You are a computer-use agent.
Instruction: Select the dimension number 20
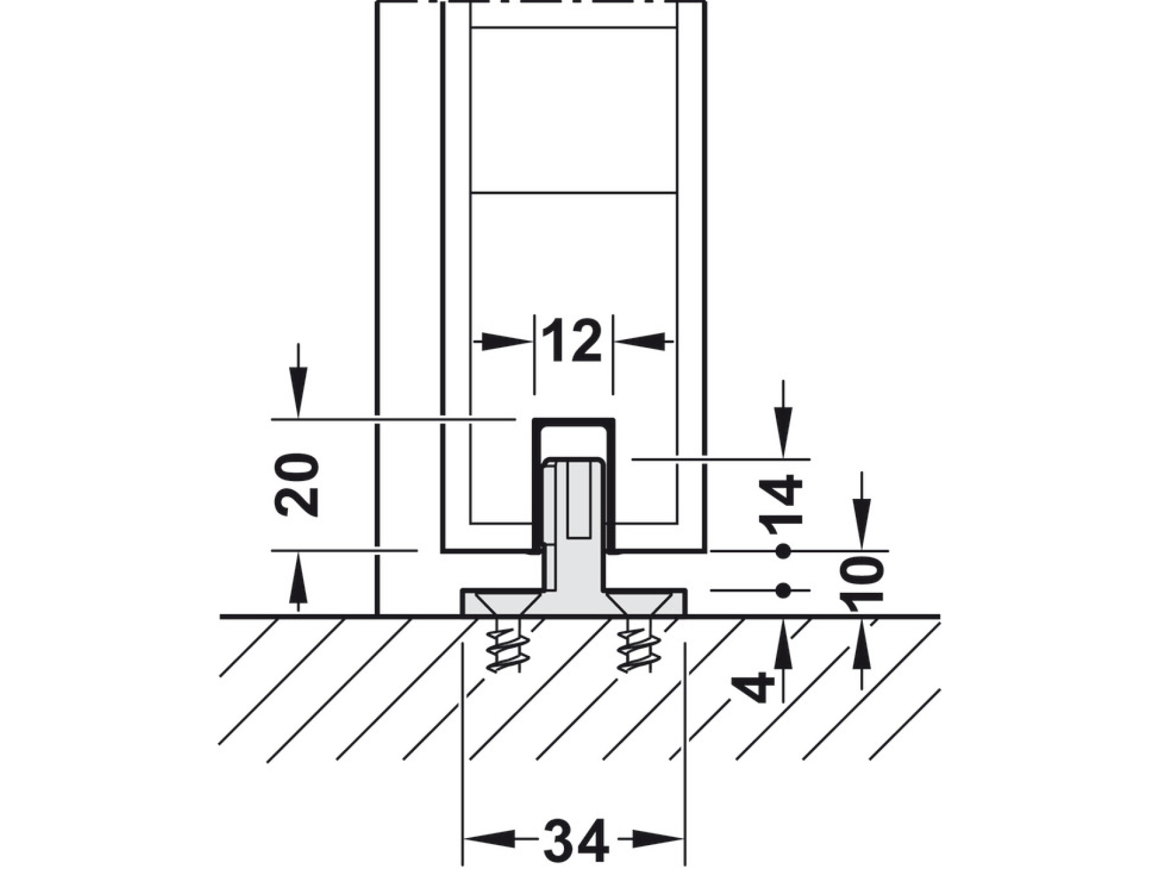coord(297,485)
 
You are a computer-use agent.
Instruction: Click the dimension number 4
coord(754,687)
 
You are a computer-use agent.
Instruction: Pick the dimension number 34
coord(576,841)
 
